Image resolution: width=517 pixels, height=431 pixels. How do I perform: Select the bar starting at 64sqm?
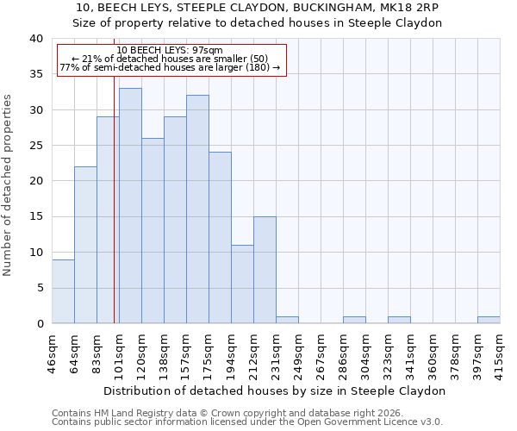(85, 245)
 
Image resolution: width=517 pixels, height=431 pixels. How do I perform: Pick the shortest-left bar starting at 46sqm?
(63, 291)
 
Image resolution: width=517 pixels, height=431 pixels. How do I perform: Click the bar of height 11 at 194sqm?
(242, 284)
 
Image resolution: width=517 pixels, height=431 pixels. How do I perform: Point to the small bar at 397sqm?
(489, 320)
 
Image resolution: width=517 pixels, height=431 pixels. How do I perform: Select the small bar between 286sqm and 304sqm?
(354, 320)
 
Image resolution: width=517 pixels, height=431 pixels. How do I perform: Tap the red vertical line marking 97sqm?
(114, 215)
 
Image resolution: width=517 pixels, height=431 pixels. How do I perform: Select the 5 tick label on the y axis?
(40, 288)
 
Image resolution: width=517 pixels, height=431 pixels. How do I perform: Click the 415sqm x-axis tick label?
(500, 348)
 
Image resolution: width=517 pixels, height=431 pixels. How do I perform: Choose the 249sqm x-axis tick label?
(298, 348)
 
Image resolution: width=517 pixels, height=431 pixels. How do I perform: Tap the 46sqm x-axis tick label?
(52, 348)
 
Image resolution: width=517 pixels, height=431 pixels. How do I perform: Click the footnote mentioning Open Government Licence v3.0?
(247, 422)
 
